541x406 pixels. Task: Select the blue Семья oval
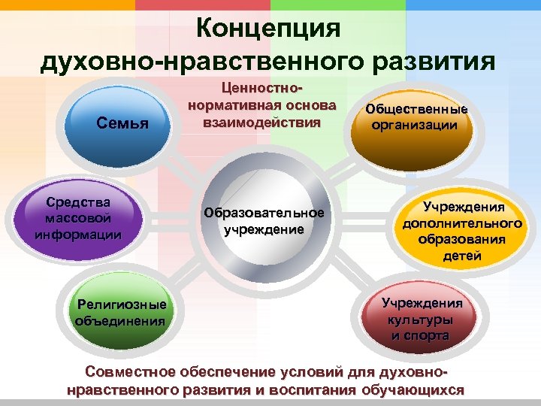point(121,122)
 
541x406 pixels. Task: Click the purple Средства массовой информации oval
point(78,219)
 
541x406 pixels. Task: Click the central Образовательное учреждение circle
point(263,222)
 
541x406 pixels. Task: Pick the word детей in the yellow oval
point(463,256)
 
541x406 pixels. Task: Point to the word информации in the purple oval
point(78,233)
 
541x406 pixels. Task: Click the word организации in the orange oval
point(415,126)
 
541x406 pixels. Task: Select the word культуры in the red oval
point(421,320)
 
